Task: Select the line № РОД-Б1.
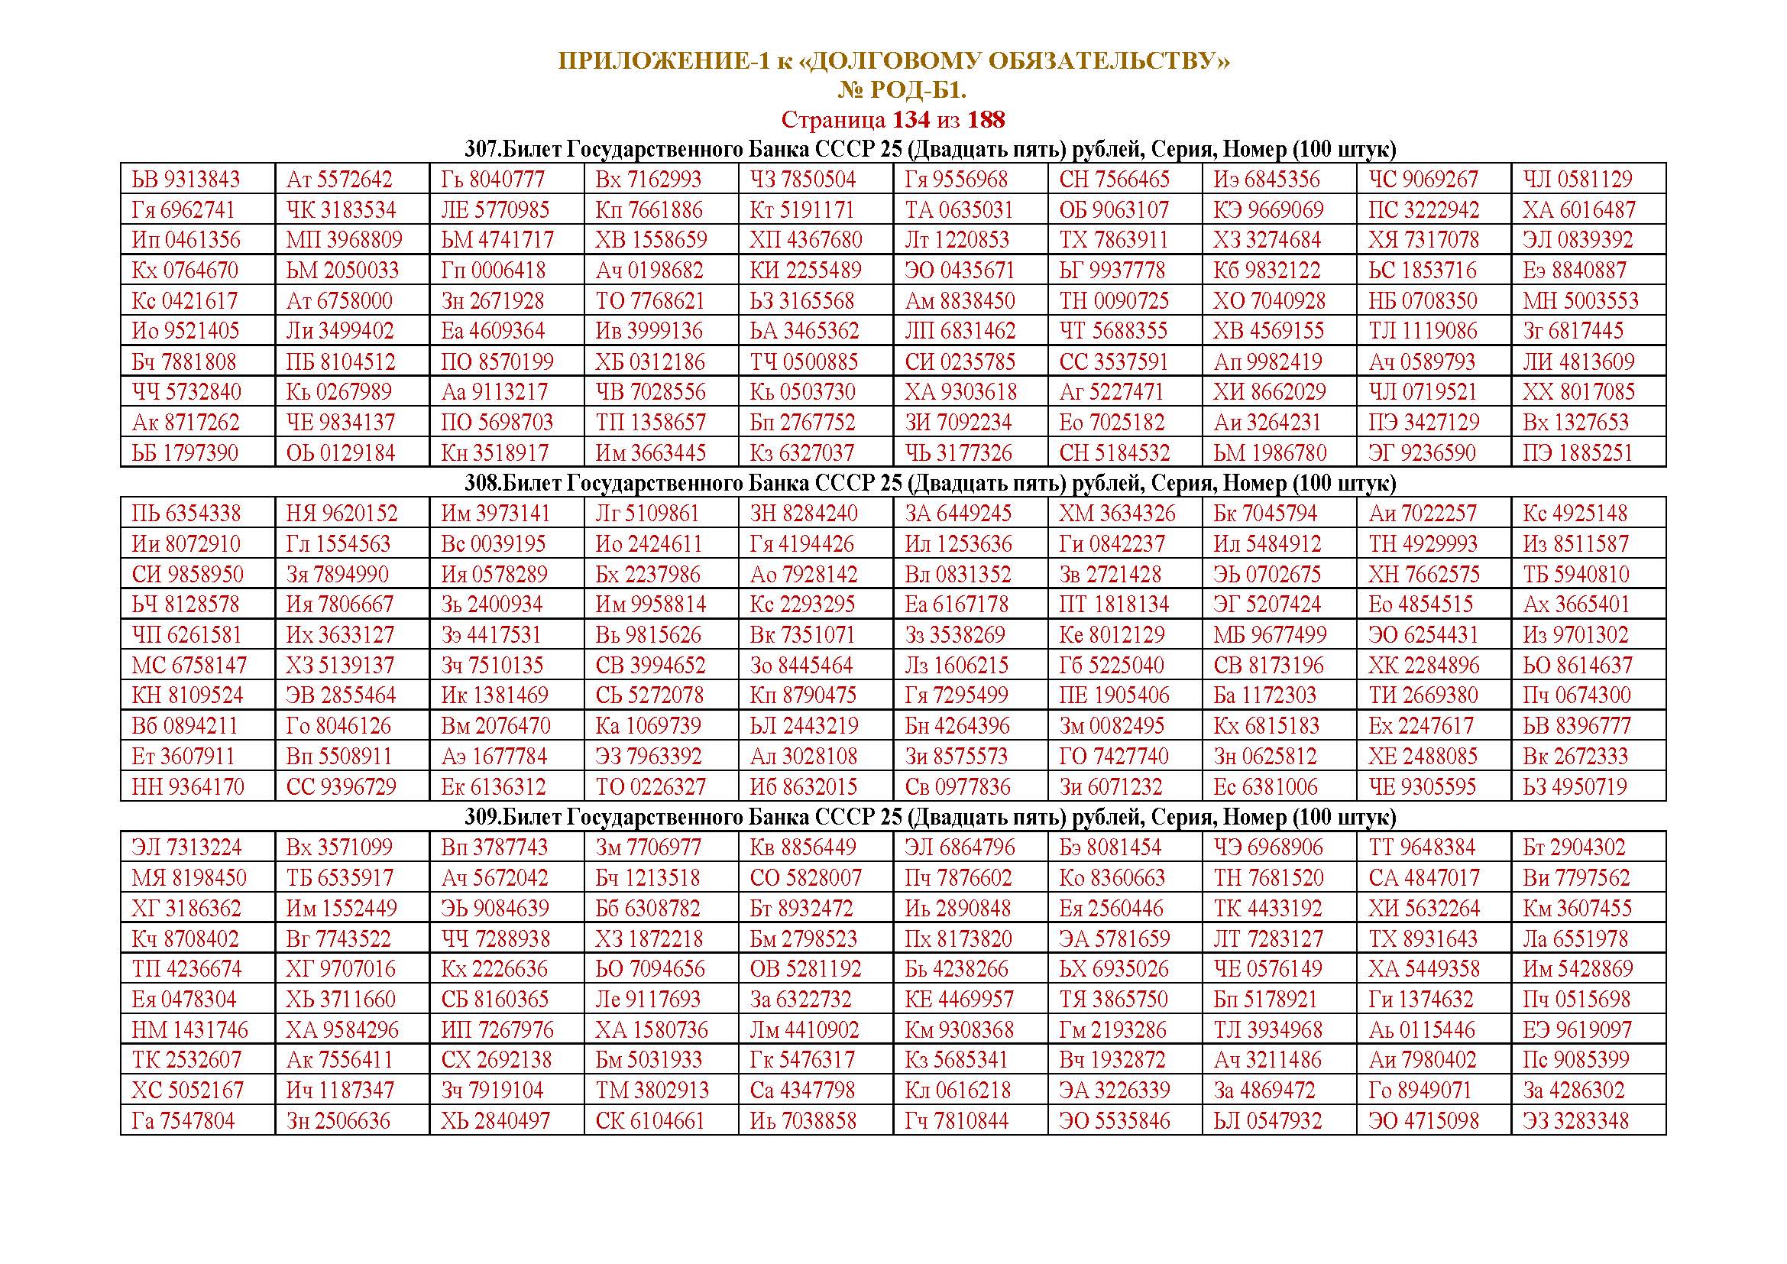click(902, 91)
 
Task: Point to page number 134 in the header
click(911, 120)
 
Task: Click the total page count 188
click(986, 120)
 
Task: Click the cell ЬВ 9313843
click(186, 180)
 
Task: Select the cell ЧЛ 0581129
click(1578, 180)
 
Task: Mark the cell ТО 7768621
click(650, 301)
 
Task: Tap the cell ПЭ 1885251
click(1578, 453)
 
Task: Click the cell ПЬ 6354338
click(186, 514)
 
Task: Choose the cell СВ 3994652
click(651, 666)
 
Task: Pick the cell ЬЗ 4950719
click(1578, 787)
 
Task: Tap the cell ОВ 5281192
click(805, 969)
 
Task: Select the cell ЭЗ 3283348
click(1578, 1122)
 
